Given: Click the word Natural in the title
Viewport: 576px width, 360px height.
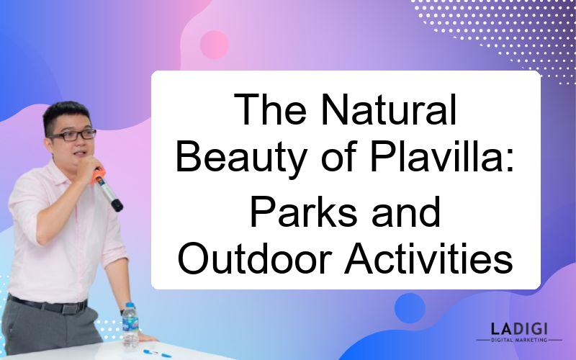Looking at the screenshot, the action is (x=388, y=110).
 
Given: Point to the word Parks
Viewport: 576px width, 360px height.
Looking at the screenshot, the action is (x=303, y=212).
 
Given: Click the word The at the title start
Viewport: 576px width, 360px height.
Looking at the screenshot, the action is (x=270, y=110).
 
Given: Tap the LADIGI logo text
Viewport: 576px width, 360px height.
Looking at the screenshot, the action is (x=519, y=328).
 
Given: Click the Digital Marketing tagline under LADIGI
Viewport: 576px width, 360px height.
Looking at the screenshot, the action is (x=519, y=340).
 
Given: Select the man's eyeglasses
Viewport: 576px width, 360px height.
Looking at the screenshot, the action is (x=73, y=135).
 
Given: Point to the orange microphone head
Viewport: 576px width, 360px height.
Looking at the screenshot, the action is (x=98, y=176).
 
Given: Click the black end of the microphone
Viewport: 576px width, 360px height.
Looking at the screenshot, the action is (x=117, y=205).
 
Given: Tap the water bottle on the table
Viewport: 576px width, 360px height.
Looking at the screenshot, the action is (x=130, y=325).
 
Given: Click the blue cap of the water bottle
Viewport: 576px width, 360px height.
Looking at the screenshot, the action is (x=130, y=305).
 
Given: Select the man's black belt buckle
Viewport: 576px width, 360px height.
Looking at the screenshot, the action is (x=69, y=308).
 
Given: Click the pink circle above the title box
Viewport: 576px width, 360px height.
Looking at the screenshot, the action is (x=214, y=45).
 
